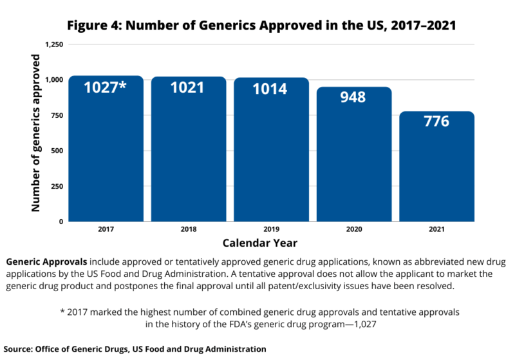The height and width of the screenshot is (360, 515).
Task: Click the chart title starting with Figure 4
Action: click(x=257, y=24)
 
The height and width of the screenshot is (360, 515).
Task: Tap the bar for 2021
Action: click(x=436, y=171)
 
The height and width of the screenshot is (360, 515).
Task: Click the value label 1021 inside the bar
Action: click(x=187, y=88)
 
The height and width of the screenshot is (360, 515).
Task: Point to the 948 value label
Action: click(x=353, y=97)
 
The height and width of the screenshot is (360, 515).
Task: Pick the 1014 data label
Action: click(x=270, y=89)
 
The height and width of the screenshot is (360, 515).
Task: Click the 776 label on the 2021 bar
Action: click(x=436, y=122)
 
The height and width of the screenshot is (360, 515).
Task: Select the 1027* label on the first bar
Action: click(x=106, y=87)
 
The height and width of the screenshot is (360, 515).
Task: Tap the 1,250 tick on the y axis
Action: click(x=54, y=44)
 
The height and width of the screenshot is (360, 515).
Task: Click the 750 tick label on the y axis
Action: click(x=57, y=115)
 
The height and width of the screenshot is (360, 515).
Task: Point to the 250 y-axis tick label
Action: click(x=57, y=186)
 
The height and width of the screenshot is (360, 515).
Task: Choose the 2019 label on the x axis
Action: click(x=270, y=229)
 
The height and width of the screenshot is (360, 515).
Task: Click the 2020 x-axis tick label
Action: click(x=353, y=229)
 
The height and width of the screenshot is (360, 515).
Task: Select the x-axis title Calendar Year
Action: click(x=259, y=243)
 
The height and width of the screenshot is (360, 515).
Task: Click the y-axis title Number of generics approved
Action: click(x=37, y=133)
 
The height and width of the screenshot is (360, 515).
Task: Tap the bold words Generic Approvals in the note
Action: click(x=46, y=263)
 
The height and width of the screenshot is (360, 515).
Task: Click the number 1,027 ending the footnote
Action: click(x=363, y=323)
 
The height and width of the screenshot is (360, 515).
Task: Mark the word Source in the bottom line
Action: click(x=19, y=348)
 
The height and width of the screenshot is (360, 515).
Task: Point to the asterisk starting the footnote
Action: click(x=62, y=312)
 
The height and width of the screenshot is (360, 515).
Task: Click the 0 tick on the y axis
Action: click(x=61, y=222)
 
